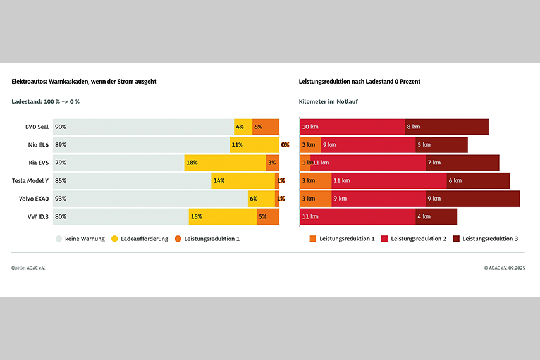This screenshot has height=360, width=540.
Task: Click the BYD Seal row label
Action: (x=37, y=127)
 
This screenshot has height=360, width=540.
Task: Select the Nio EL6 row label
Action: (x=38, y=145)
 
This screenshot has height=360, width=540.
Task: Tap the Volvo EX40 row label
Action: (x=34, y=199)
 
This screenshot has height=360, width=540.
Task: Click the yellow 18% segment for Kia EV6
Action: (x=225, y=163)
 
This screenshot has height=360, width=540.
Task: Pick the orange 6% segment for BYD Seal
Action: (x=266, y=127)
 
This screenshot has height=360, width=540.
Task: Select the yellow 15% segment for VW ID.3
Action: (x=223, y=216)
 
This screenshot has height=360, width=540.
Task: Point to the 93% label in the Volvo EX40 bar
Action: (x=61, y=199)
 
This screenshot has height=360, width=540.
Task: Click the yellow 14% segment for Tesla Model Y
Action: (x=243, y=180)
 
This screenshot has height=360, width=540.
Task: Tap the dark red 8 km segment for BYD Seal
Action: (x=447, y=127)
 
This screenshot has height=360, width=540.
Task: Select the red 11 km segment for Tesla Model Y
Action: (x=389, y=180)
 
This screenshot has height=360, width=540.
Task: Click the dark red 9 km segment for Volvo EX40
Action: (x=472, y=199)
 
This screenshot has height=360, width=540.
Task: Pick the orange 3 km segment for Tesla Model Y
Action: (x=316, y=180)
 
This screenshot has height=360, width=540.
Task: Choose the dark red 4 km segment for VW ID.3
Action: (x=436, y=216)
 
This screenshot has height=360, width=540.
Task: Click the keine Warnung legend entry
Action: (x=80, y=239)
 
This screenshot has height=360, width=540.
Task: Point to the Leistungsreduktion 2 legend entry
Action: (x=414, y=239)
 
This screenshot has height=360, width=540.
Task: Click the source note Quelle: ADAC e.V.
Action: (x=28, y=268)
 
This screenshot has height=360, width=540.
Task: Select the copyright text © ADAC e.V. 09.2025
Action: (x=505, y=268)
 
